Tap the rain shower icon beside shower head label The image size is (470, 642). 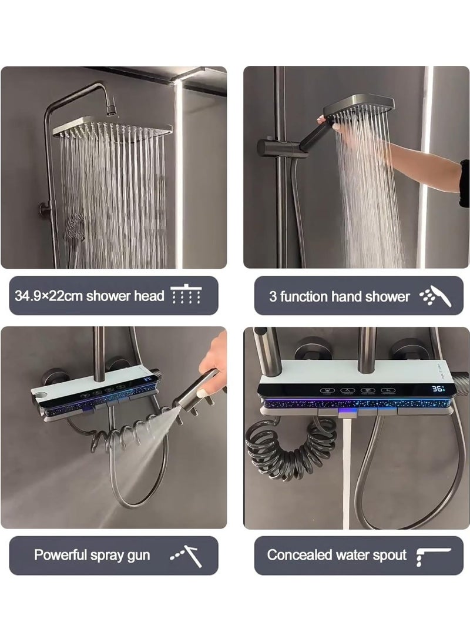pyautogui.click(x=186, y=295)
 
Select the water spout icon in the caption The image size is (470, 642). pyautogui.click(x=433, y=554)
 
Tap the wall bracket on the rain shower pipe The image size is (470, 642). pyautogui.click(x=45, y=209)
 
